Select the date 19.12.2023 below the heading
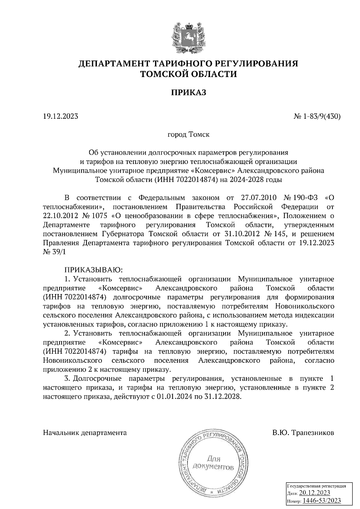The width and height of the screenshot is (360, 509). point(61,116)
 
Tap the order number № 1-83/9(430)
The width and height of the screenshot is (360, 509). point(316,116)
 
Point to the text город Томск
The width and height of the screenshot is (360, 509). point(188,134)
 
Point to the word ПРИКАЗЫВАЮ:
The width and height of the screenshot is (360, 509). point(92,270)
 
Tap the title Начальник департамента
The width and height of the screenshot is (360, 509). point(85,433)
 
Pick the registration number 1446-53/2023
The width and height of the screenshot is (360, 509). point(322,501)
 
